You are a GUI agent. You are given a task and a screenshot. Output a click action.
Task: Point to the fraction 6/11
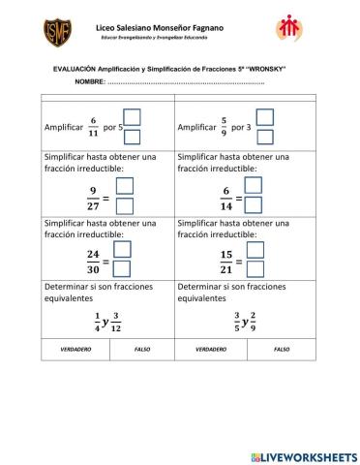click(95, 127)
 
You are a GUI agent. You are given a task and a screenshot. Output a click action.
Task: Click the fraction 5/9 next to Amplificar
click(224, 127)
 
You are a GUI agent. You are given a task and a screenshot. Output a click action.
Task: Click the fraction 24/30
click(93, 262)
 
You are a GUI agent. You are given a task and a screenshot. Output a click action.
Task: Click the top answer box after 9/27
click(124, 186)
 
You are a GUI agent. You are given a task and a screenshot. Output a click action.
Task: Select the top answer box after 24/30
click(124, 251)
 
